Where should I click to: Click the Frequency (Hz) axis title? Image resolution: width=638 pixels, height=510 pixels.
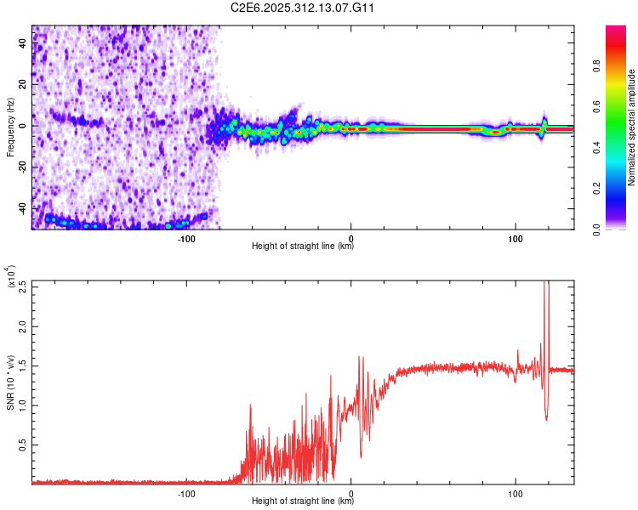(x=11, y=127)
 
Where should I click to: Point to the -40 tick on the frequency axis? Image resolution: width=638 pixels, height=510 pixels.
(x=23, y=208)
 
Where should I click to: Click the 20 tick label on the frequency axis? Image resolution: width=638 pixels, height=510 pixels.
(x=23, y=85)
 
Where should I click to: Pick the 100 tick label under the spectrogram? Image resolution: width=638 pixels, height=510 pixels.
(x=515, y=238)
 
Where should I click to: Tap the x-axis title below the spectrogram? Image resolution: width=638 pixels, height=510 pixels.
(x=303, y=247)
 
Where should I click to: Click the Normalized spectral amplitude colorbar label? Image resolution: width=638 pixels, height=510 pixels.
(x=632, y=127)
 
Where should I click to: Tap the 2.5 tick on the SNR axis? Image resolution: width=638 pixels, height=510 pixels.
(x=23, y=286)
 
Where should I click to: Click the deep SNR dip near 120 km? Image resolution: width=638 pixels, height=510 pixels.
(x=546, y=418)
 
